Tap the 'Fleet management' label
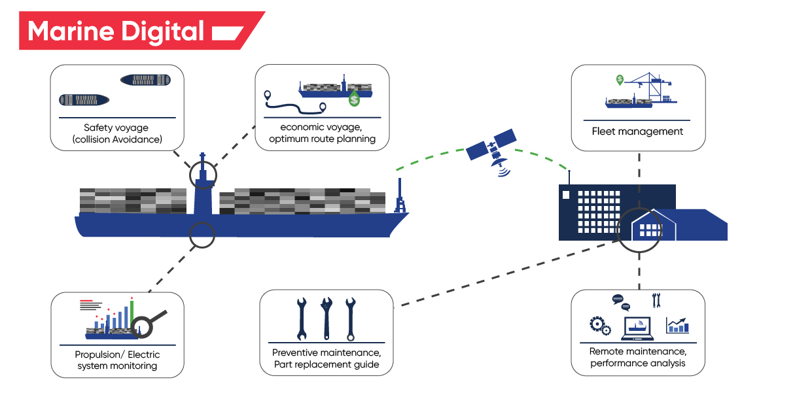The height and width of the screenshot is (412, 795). (x=637, y=131)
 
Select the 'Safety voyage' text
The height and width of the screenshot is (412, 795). (x=116, y=128)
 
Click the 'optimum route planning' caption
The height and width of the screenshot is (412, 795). (x=322, y=139)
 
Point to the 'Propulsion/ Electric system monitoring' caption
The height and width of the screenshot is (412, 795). (x=117, y=360)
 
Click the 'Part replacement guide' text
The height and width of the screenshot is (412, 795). (x=327, y=364)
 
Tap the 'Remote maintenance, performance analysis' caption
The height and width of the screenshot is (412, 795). (x=638, y=357)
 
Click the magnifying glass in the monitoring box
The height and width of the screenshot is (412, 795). (x=150, y=322)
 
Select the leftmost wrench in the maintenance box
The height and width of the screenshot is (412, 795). (x=302, y=318)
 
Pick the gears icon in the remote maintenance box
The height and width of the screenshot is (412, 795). (x=599, y=325)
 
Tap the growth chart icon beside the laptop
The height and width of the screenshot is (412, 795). (x=677, y=325)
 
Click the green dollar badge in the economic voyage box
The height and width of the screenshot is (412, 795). (x=355, y=99)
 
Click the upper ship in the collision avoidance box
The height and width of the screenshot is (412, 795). (x=145, y=80)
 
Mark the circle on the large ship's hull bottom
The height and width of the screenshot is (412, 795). (x=202, y=234)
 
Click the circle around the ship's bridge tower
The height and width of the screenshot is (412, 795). (x=203, y=175)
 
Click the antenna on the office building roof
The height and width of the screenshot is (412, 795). (x=569, y=176)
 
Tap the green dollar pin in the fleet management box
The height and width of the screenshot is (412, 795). (x=619, y=80)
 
